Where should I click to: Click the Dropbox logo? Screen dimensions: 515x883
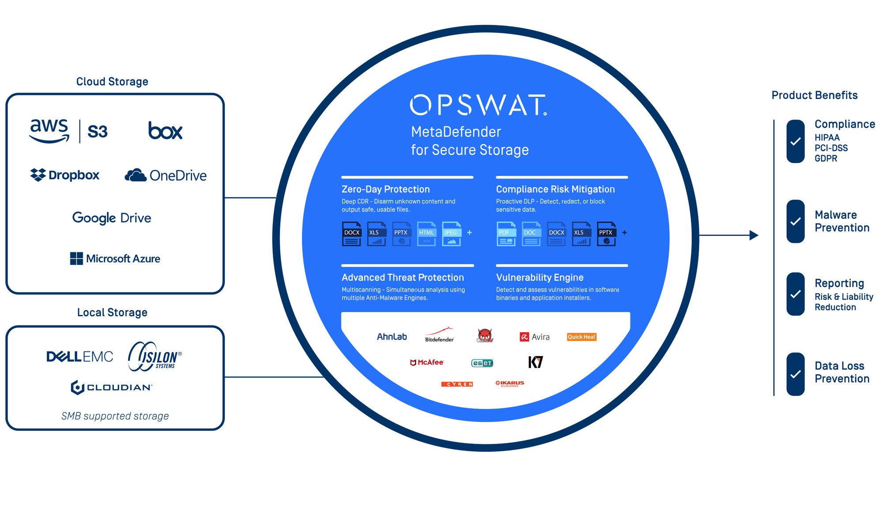64,175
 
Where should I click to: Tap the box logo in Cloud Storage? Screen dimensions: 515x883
165,131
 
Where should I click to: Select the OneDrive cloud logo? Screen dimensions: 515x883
136,175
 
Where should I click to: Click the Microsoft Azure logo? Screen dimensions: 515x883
115,258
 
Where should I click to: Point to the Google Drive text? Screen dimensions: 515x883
112,218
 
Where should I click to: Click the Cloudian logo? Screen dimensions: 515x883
112,387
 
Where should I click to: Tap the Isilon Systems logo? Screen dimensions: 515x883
155,356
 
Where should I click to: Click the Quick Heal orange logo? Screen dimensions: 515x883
581,337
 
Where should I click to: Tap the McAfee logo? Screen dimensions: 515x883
426,362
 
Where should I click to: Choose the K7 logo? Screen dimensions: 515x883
536,362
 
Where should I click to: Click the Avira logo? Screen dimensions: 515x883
535,337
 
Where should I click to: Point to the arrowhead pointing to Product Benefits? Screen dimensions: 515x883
754,235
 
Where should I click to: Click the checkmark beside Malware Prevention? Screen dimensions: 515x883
796,221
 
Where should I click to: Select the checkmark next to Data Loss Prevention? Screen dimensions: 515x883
796,374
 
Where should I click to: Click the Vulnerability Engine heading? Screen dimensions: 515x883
540,277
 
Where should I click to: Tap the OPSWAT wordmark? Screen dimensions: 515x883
478,105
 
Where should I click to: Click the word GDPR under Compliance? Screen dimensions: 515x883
826,158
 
